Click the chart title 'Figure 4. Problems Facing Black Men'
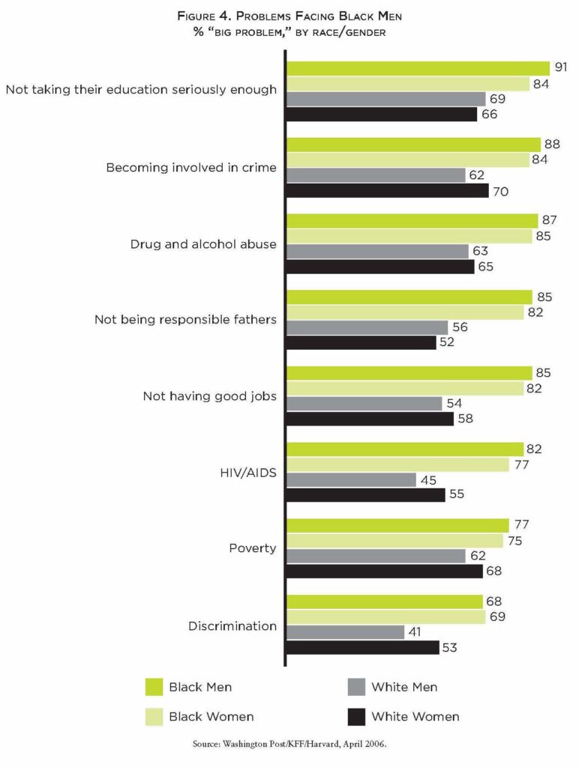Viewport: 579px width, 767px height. tap(290, 16)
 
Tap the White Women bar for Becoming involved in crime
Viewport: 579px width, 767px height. tap(388, 191)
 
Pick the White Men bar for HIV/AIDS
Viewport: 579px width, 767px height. tap(351, 480)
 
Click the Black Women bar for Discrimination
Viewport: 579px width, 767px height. tap(385, 617)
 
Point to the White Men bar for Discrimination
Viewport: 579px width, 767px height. tap(345, 632)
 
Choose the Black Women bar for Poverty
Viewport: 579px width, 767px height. tap(394, 541)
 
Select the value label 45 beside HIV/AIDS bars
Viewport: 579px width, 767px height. tap(429, 480)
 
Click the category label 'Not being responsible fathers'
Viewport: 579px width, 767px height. tap(185, 320)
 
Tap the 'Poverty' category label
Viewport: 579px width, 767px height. tap(253, 548)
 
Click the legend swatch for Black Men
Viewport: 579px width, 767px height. tap(154, 687)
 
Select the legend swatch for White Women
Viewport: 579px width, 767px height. tap(357, 717)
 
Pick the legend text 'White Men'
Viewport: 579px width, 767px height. tap(404, 687)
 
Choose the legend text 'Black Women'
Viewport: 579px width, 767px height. tap(211, 717)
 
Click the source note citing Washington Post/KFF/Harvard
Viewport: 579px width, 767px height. tap(289, 746)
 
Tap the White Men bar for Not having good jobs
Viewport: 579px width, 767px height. tap(364, 404)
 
